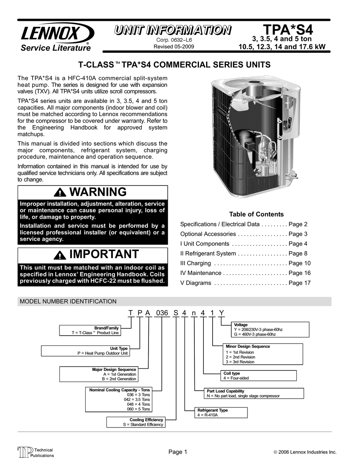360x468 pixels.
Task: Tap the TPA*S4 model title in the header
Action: coord(288,30)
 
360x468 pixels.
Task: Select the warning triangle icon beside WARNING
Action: coord(60,192)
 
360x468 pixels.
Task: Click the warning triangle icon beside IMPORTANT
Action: coord(60,254)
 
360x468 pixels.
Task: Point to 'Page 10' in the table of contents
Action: coord(299,263)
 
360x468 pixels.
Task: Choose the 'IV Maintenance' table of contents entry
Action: coord(201,273)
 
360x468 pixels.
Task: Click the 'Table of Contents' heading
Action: coord(256,214)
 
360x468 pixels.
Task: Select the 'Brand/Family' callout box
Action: coord(90,330)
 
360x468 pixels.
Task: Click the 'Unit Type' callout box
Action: coord(85,351)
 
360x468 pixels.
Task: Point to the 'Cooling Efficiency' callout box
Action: coord(136,422)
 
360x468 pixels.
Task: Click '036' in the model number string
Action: coord(162,313)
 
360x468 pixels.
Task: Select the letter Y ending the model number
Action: coord(222,313)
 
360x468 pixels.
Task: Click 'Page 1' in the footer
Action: coord(178,452)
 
